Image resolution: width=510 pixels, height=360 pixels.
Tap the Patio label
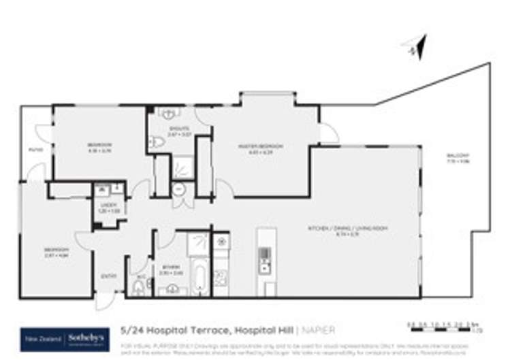click(35, 150)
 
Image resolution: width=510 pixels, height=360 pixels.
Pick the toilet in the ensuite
click(156, 142)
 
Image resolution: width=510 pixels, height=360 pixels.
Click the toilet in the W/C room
click(138, 287)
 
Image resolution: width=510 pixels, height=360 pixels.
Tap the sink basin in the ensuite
click(169, 113)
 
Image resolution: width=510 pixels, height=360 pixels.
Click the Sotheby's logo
click(64, 338)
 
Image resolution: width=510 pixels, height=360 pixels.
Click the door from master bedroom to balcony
click(328, 134)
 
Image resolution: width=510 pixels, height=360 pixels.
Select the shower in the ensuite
click(182, 167)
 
